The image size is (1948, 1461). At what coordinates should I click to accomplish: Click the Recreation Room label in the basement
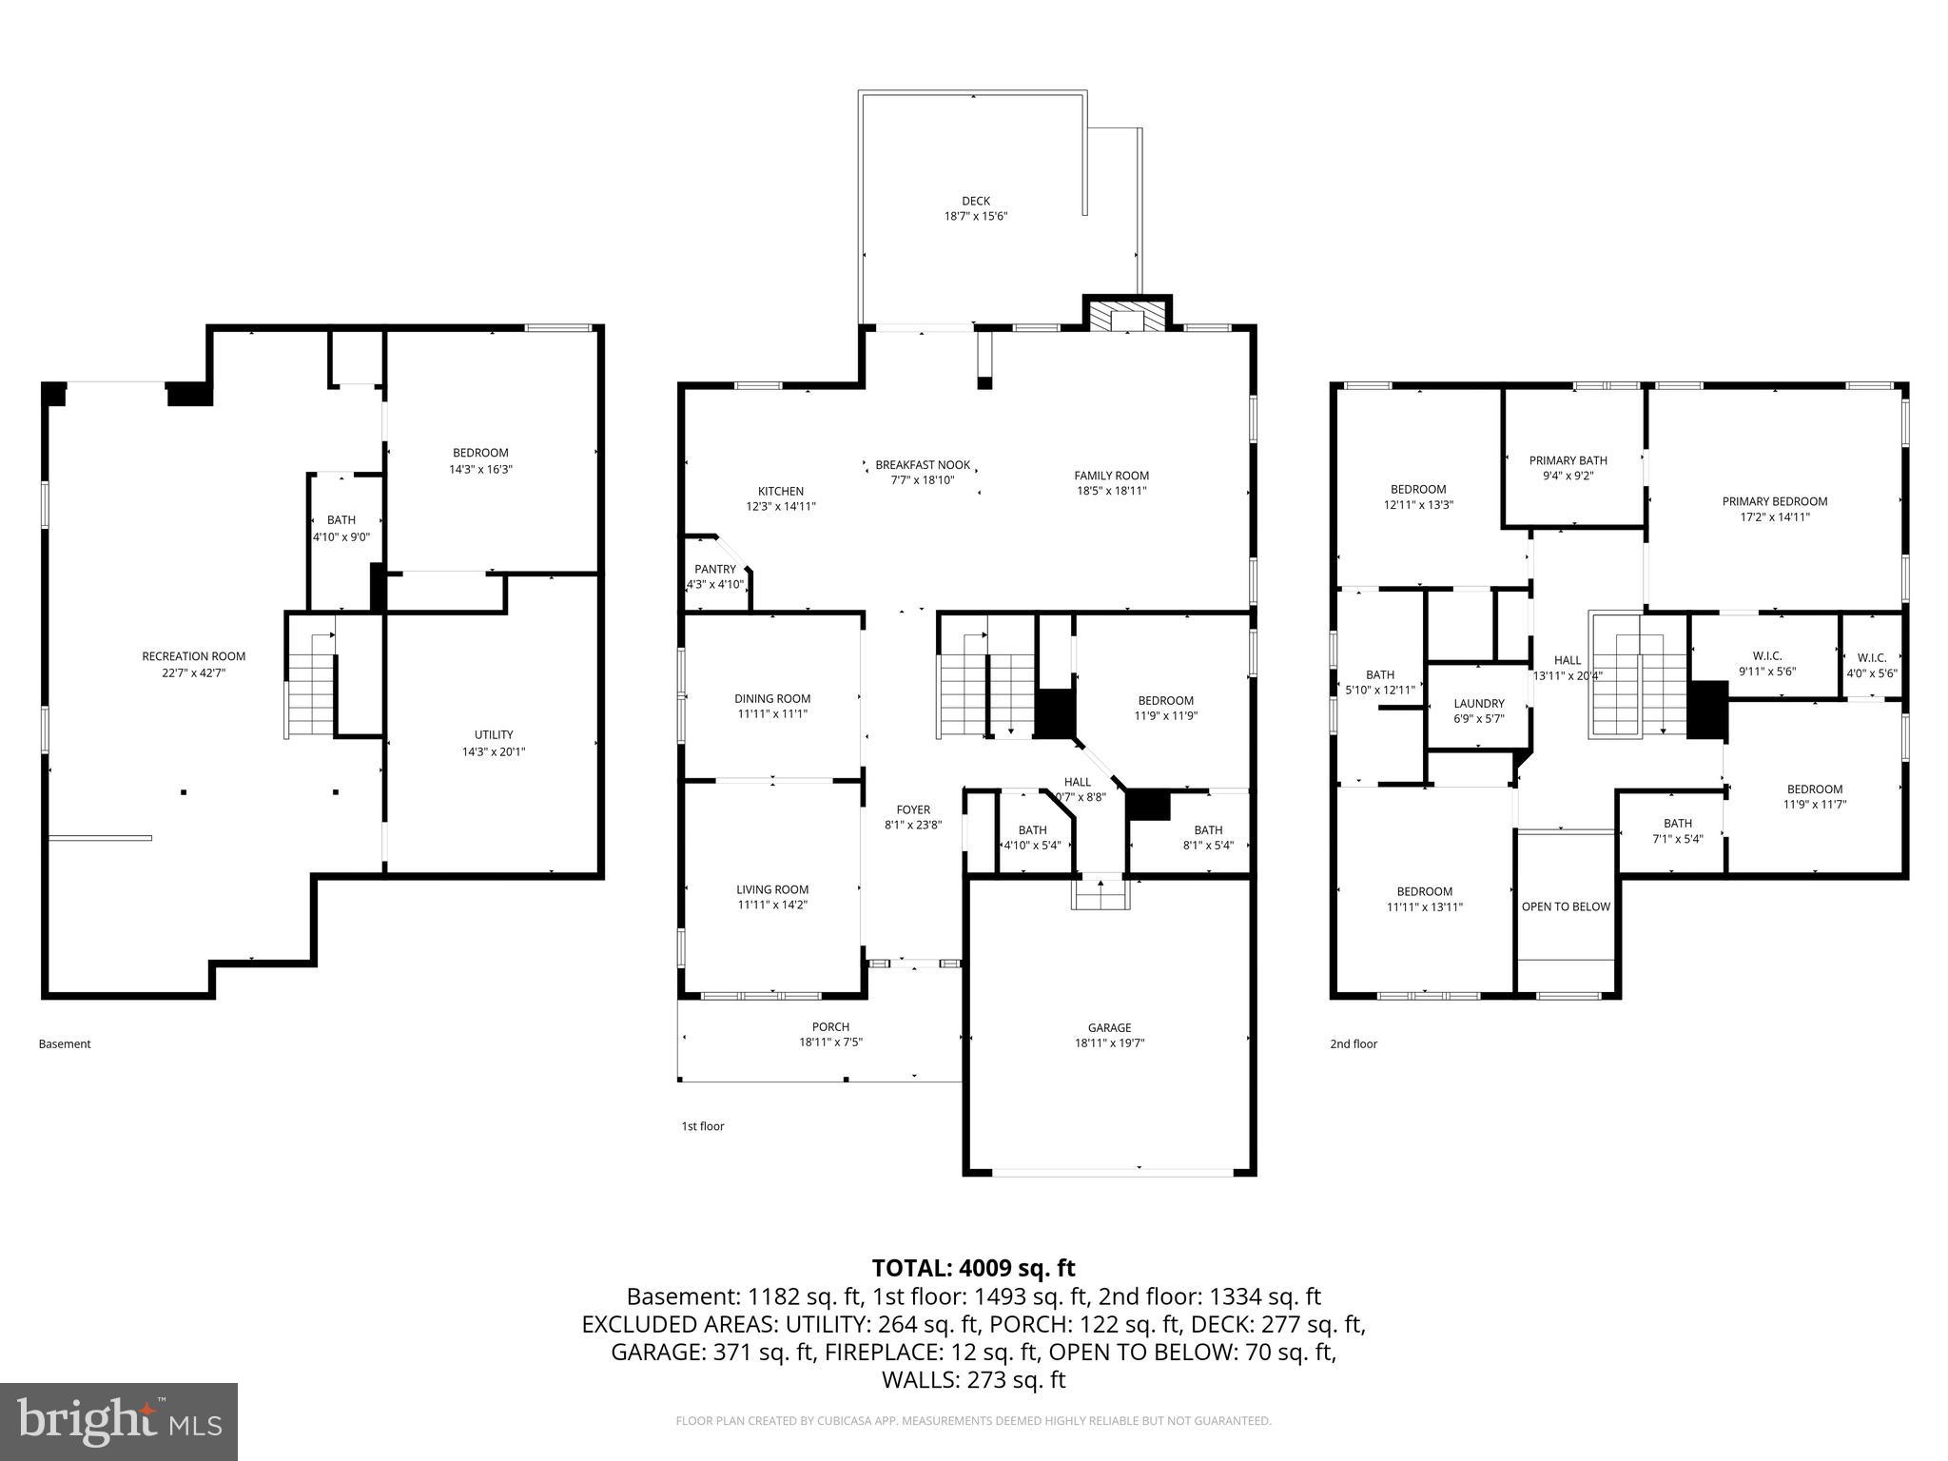pyautogui.click(x=193, y=656)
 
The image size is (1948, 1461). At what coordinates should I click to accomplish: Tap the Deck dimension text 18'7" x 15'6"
pyautogui.click(x=975, y=217)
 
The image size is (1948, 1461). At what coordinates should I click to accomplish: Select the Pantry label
pyautogui.click(x=714, y=570)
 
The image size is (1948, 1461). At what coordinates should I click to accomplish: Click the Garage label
pyautogui.click(x=1109, y=1027)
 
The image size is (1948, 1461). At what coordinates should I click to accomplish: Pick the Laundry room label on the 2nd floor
pyautogui.click(x=1478, y=704)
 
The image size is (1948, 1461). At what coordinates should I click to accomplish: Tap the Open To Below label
pyautogui.click(x=1565, y=906)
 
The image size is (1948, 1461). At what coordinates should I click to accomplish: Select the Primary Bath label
pyautogui.click(x=1568, y=460)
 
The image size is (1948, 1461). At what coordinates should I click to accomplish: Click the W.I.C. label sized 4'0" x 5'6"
pyautogui.click(x=1871, y=657)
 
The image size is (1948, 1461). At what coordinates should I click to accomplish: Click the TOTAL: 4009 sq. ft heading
pyautogui.click(x=973, y=1268)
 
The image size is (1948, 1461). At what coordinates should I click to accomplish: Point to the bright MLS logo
pyautogui.click(x=119, y=1421)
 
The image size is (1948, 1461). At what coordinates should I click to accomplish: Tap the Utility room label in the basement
pyautogui.click(x=494, y=734)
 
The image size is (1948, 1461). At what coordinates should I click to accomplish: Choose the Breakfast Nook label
pyautogui.click(x=923, y=465)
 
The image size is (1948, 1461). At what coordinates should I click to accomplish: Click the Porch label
pyautogui.click(x=830, y=1026)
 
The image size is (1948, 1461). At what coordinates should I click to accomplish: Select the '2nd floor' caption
pyautogui.click(x=1353, y=1043)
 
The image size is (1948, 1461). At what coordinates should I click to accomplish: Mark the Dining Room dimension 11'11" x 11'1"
pyautogui.click(x=772, y=714)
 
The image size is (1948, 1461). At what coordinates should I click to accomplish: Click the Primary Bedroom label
pyautogui.click(x=1774, y=501)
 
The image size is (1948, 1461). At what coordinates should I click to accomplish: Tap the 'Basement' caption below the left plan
pyautogui.click(x=65, y=1043)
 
